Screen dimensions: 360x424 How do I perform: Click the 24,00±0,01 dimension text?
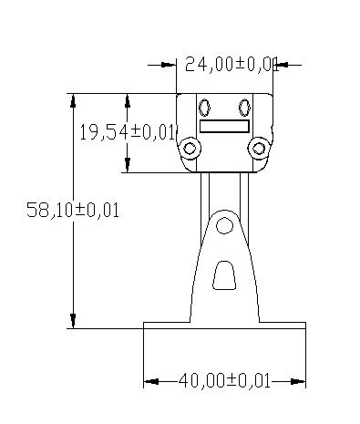click(x=231, y=64)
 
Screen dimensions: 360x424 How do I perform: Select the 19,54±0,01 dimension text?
click(x=128, y=132)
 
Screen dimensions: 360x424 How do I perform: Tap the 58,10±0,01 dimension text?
click(x=73, y=210)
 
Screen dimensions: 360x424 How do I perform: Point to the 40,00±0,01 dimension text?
click(x=224, y=381)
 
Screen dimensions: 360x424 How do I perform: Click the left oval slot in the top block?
click(x=204, y=108)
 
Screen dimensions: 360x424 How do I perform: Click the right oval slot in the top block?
click(x=244, y=108)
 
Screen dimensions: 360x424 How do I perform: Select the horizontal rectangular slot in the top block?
click(x=224, y=126)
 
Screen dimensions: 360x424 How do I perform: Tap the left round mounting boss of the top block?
click(x=190, y=149)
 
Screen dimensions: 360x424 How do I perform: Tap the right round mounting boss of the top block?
click(x=259, y=149)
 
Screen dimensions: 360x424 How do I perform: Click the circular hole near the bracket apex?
click(x=224, y=226)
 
